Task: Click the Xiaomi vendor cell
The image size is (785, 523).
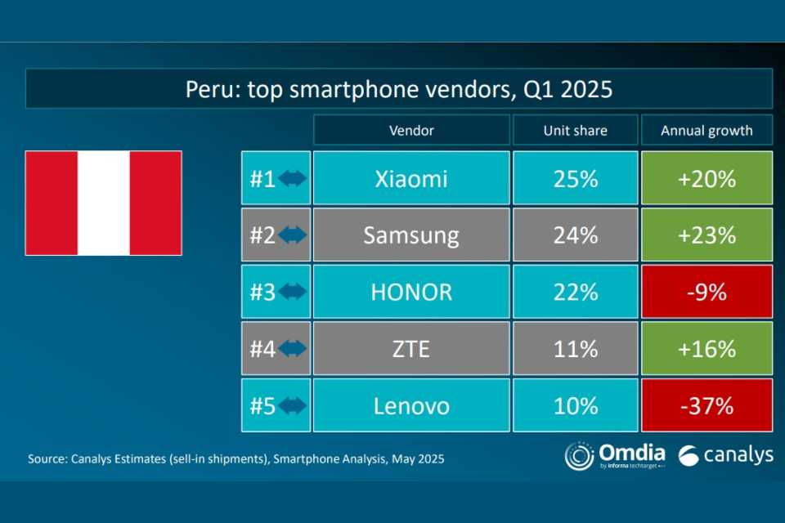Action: [411, 178]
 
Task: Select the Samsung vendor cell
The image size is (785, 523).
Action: [411, 235]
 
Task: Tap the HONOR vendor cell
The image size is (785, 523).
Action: [411, 292]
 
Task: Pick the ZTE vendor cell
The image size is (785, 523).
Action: [411, 349]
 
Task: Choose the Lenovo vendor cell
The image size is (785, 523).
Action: [411, 405]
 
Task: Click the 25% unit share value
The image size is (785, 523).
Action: [575, 178]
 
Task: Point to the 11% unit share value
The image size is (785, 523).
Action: [575, 349]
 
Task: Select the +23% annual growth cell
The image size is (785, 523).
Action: [706, 235]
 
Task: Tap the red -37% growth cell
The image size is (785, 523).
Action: [706, 405]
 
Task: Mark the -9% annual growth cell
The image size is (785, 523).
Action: [706, 292]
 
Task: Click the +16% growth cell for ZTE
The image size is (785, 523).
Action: [706, 349]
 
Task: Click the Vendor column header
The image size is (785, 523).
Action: [411, 130]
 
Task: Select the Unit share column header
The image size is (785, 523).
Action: [575, 130]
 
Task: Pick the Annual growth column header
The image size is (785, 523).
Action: [706, 130]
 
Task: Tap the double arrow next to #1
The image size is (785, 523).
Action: [292, 178]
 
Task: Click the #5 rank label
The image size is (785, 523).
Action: [262, 405]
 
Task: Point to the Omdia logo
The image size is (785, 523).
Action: [614, 456]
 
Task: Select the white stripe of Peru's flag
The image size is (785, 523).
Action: [104, 203]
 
